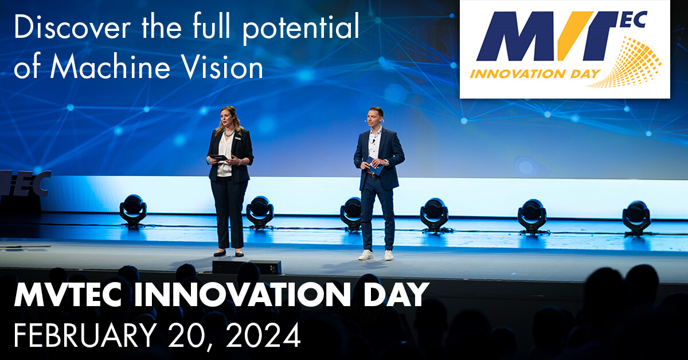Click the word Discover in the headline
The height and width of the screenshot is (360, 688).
coord(72,27)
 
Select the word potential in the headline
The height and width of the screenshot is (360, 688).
coord(301,28)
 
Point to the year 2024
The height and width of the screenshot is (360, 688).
coord(264,335)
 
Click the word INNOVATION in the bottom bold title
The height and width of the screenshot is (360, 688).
coord(242,295)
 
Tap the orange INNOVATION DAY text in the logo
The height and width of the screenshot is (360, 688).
coord(535,74)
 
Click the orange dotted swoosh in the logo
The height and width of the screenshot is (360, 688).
coord(627,63)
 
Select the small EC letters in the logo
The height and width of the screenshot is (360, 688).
coord(634,20)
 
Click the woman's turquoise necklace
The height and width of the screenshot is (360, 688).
coord(229,133)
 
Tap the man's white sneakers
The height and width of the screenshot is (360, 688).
coord(376,255)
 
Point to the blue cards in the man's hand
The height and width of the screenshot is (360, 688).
coord(375,166)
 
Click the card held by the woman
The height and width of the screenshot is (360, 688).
coord(218,158)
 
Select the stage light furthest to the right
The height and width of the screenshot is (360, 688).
coord(637,218)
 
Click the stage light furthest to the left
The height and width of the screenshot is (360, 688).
coord(133,211)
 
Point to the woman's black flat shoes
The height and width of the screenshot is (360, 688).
coord(229,253)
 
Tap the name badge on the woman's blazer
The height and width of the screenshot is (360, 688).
coord(237,139)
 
